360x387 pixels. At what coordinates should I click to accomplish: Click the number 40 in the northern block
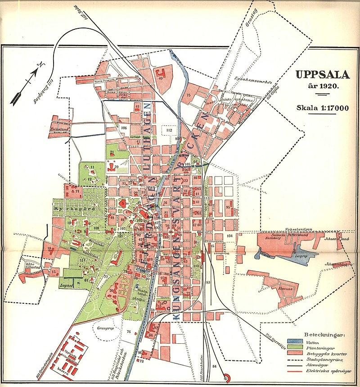coord(161,77)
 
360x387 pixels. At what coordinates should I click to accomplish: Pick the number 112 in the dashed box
coord(169,130)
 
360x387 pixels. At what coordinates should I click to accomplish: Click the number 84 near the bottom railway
coord(214,366)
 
